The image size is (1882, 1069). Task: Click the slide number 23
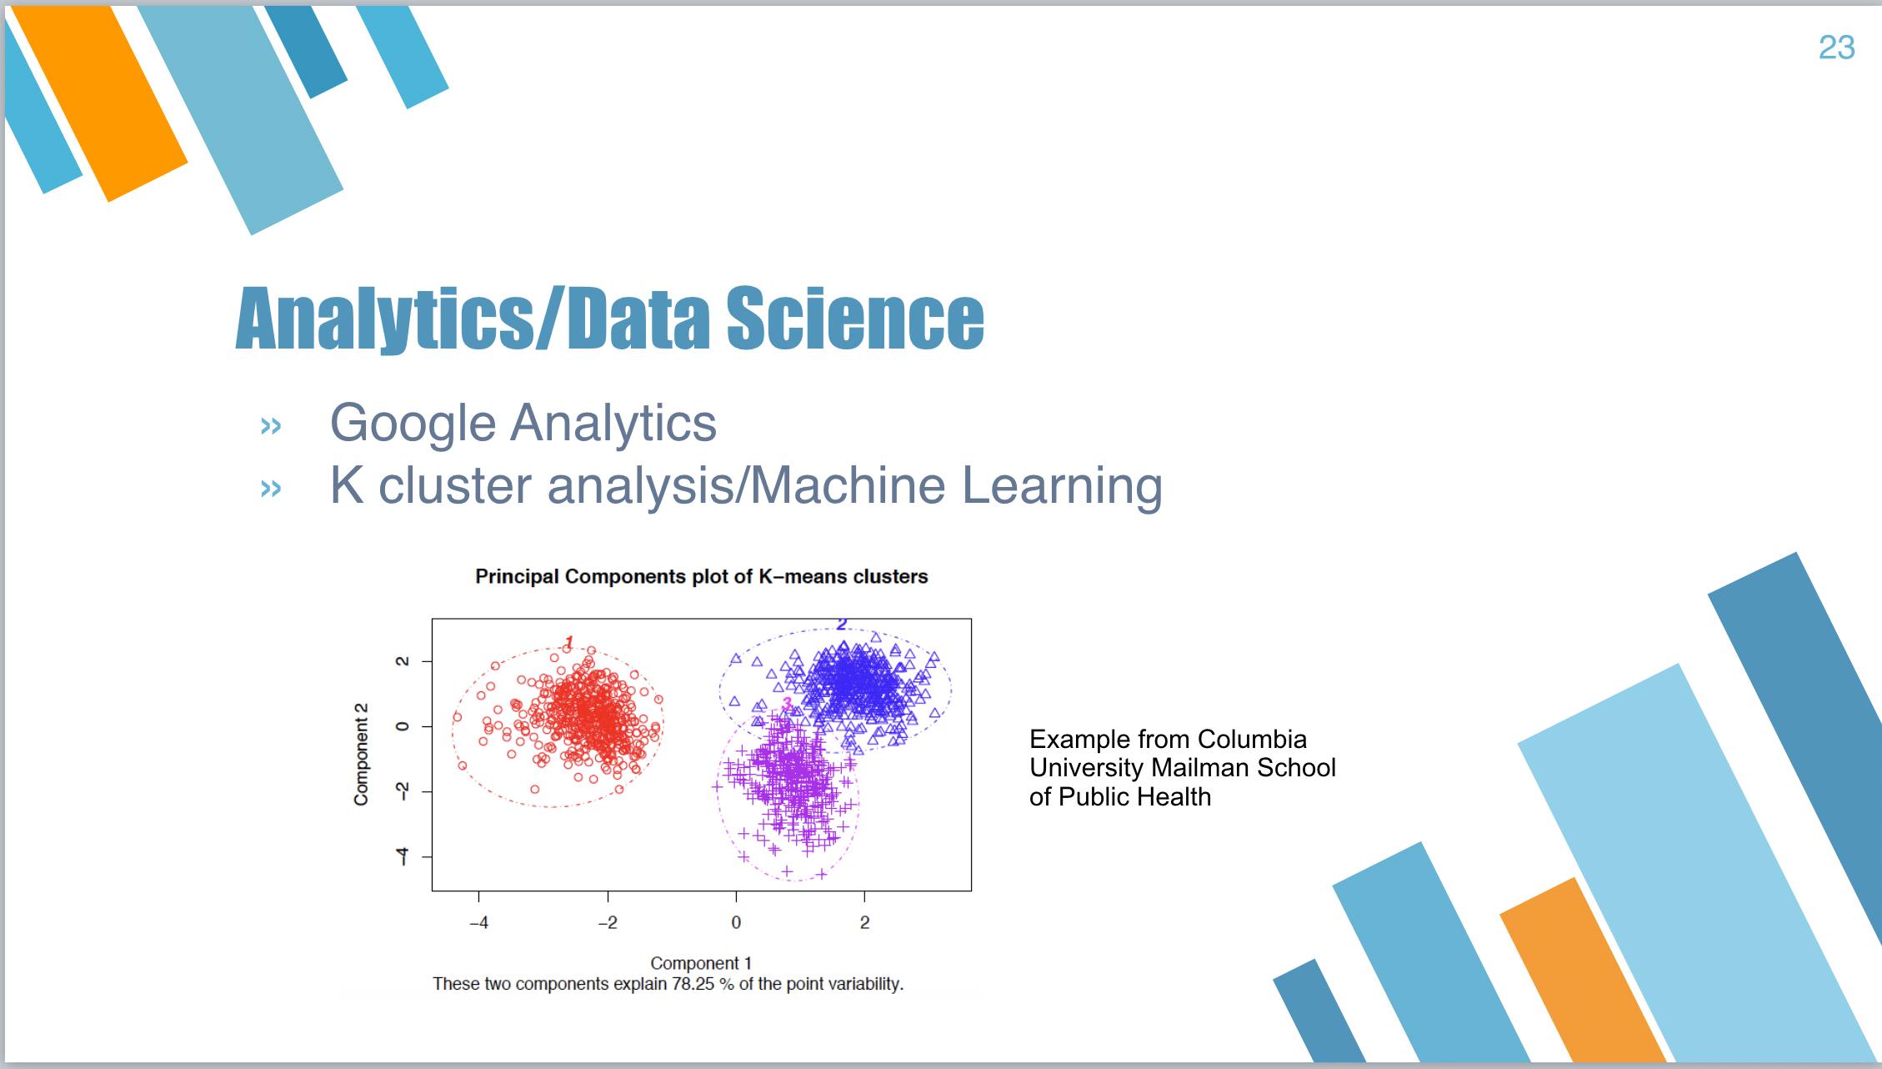1836,48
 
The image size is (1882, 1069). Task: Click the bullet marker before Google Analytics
271,426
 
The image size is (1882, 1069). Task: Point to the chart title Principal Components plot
701,576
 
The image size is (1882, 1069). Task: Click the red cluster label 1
568,642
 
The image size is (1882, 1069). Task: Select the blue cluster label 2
842,624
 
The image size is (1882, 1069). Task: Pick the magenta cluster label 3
787,704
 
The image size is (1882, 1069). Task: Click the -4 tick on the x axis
478,922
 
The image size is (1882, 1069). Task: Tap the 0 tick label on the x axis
736,922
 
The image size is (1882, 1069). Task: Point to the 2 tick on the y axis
403,661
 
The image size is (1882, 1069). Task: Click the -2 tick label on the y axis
403,790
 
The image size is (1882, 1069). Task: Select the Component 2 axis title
361,755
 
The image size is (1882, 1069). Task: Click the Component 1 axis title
701,963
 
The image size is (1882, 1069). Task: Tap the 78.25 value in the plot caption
693,984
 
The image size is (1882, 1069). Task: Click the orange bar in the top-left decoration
101,103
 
